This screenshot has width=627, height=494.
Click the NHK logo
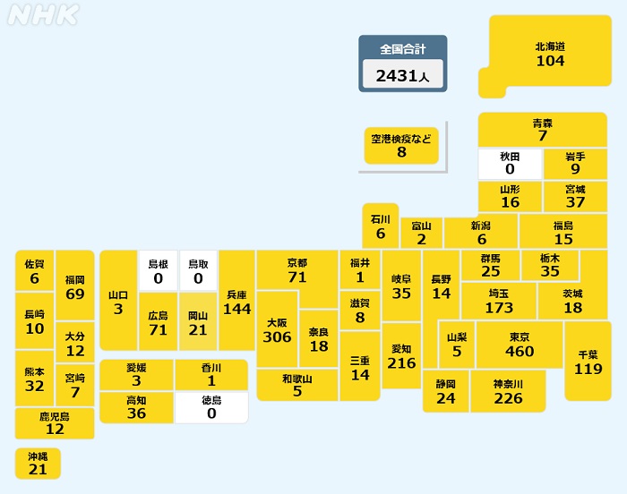43,15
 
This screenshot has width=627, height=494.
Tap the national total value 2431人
402,76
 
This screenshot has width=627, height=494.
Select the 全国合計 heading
402,48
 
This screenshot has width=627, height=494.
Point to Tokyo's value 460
520,352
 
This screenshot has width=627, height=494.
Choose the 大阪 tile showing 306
277,329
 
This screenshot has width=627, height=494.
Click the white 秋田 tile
510,163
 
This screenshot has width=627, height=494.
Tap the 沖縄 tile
38,464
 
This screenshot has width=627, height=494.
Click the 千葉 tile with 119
588,361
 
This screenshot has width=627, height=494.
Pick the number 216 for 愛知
402,363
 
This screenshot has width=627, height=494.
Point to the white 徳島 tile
211,407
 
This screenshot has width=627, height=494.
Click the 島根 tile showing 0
159,271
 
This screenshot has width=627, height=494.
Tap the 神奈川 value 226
508,398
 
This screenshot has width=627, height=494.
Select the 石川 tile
381,226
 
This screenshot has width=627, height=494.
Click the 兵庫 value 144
236,310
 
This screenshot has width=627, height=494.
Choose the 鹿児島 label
55,416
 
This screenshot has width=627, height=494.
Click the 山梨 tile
457,345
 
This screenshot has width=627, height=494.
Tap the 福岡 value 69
75,294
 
